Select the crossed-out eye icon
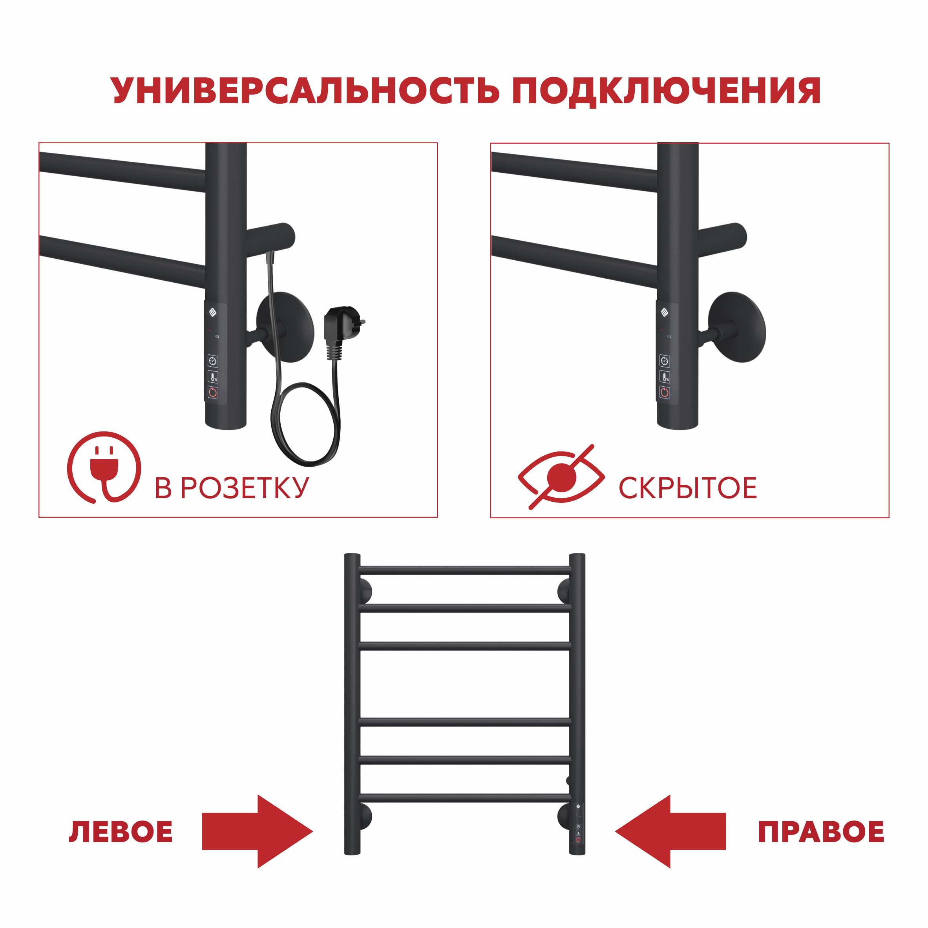click(561, 477)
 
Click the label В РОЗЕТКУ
click(232, 488)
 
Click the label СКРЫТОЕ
click(687, 488)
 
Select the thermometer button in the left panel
click(213, 377)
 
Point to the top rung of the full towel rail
click(464, 570)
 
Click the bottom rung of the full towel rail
click(464, 798)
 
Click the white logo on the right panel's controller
click(664, 312)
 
